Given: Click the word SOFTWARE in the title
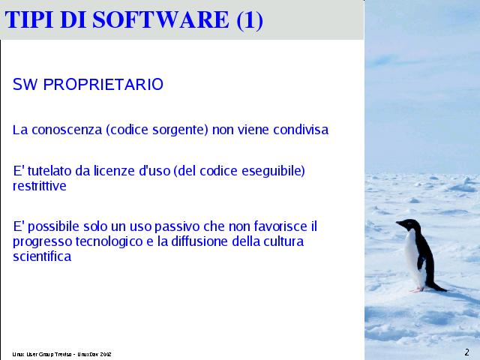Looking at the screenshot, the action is click(x=160, y=19).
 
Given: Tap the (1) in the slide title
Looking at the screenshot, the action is click(x=250, y=20).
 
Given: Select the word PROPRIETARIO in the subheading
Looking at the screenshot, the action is click(x=103, y=85).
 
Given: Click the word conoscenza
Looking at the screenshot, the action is click(x=67, y=130).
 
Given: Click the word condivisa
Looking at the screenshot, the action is click(x=301, y=130).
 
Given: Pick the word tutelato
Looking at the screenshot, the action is click(x=49, y=171).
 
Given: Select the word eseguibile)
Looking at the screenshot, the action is click(x=273, y=172).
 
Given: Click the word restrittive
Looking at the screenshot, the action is click(x=40, y=186).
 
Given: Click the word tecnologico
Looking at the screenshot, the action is click(x=109, y=242).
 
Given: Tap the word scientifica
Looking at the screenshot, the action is click(x=42, y=256).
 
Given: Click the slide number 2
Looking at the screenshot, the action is click(x=466, y=352).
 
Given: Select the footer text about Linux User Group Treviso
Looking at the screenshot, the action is click(x=61, y=354).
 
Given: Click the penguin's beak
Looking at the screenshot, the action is click(x=398, y=223).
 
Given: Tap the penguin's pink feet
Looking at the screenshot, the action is click(x=418, y=289).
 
